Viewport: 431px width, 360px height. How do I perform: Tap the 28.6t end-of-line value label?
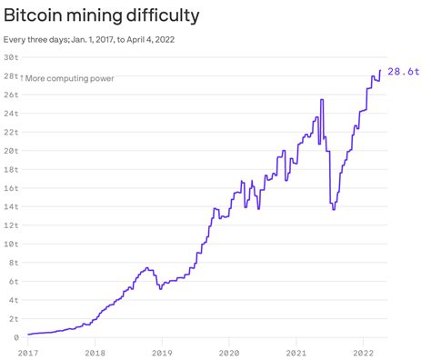[403, 72]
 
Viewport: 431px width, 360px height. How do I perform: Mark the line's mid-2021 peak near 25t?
[322, 99]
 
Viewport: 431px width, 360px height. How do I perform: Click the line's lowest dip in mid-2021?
[334, 209]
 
